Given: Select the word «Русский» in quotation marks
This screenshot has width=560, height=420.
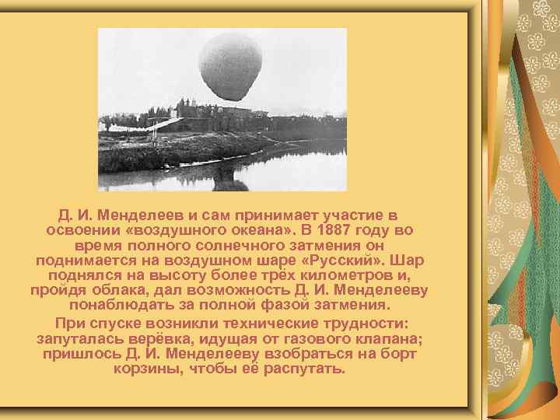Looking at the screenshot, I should [x=345, y=260].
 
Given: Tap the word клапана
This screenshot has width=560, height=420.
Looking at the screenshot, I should [x=383, y=338].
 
